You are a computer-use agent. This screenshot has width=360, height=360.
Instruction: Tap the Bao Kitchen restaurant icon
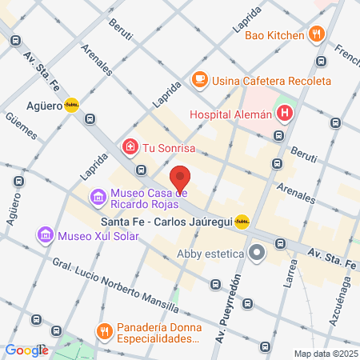pos(317,34)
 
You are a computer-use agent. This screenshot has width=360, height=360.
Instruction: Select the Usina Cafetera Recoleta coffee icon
pos(198,81)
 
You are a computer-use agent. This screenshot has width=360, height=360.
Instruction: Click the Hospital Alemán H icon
pos(283,114)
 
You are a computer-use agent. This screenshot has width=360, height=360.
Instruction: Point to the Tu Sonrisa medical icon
pos(129,147)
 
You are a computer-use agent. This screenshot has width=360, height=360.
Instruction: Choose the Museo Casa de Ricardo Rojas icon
pos(98,196)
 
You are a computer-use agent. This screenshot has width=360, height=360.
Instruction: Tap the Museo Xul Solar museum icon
pos(45,235)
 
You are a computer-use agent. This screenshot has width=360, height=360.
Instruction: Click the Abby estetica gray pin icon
pos(257,254)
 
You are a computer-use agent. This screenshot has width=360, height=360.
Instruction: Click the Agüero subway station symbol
pos(72,104)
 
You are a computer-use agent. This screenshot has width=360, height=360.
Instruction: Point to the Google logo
pos(26,350)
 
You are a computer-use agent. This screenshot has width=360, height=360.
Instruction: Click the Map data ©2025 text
pos(324,354)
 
